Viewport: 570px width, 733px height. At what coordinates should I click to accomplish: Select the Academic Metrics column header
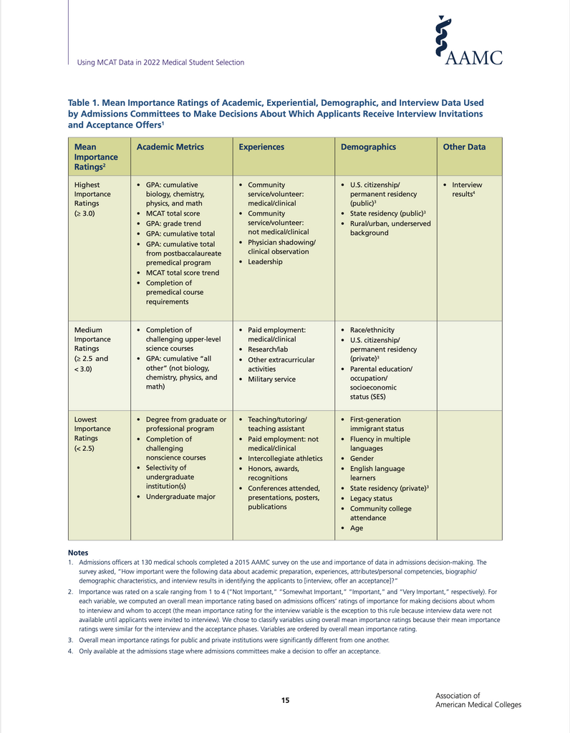click(170, 147)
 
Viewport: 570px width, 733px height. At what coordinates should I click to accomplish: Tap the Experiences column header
click(261, 147)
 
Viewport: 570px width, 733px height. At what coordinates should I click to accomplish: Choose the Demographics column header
click(368, 147)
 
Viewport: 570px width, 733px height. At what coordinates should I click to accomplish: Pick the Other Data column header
click(464, 147)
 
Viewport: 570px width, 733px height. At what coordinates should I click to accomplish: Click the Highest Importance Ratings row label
click(92, 199)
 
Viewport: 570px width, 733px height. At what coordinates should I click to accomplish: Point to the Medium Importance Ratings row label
click(92, 349)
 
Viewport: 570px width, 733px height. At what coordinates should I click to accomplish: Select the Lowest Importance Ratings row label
click(92, 434)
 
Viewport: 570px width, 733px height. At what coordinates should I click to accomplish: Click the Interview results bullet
click(467, 190)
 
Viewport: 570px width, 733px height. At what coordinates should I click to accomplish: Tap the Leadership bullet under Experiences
click(265, 262)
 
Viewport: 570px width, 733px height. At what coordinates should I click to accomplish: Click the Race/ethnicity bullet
click(372, 330)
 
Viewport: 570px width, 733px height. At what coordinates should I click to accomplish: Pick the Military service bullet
click(271, 379)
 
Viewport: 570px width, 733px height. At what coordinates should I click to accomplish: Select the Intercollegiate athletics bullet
click(285, 458)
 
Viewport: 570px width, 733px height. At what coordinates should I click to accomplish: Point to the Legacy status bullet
click(371, 498)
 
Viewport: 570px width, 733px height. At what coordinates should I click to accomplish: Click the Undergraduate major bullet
click(180, 497)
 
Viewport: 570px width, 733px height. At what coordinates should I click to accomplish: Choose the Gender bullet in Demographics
click(362, 458)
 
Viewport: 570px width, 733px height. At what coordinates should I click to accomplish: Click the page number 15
click(285, 700)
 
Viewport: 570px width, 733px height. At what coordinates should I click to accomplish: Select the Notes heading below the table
click(78, 553)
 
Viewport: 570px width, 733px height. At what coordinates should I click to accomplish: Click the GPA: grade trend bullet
click(173, 223)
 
